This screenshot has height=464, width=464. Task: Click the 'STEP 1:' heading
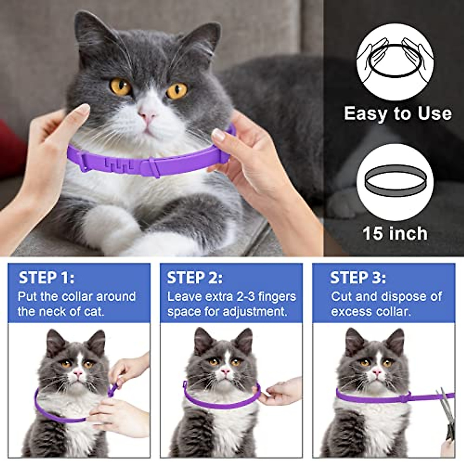click(x=46, y=278)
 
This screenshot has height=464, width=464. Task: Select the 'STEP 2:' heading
click(x=195, y=278)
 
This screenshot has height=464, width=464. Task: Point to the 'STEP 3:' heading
click(x=358, y=278)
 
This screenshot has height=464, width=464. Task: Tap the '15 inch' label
click(x=395, y=234)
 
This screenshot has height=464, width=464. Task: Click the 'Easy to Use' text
click(x=397, y=114)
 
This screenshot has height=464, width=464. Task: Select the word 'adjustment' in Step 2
click(x=252, y=312)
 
